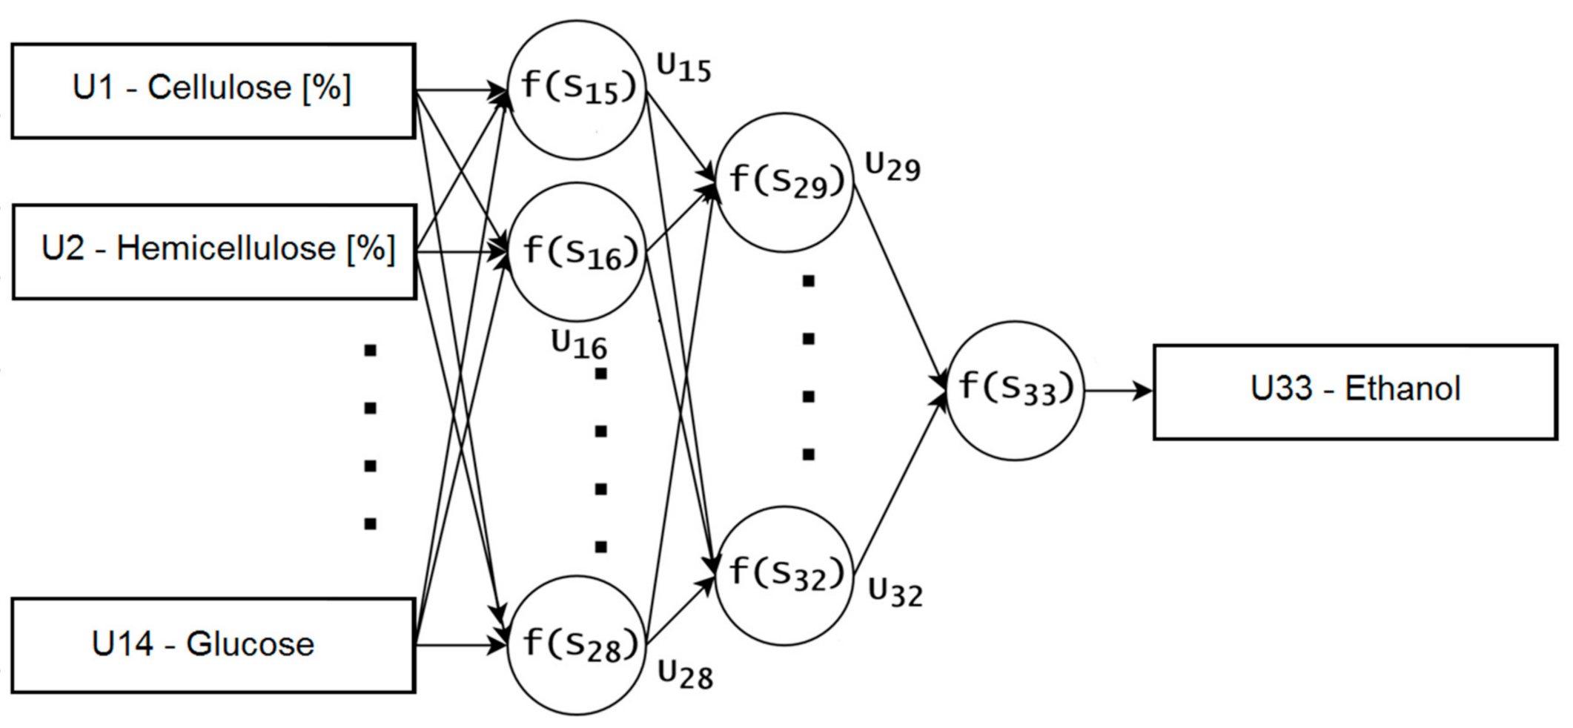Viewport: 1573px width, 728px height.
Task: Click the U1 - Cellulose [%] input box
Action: [x=213, y=90]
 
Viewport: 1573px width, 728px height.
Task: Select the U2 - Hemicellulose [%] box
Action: [x=214, y=251]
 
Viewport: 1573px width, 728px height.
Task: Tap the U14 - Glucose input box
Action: [x=213, y=645]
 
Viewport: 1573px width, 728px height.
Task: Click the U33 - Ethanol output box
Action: [x=1355, y=391]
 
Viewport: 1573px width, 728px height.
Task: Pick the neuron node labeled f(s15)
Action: [x=577, y=90]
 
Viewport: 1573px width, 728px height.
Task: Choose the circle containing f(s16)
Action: [x=577, y=252]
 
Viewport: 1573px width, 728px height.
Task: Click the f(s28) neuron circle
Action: [x=577, y=645]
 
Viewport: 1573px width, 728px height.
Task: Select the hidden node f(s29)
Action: [x=785, y=182]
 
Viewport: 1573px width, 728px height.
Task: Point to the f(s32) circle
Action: [x=785, y=575]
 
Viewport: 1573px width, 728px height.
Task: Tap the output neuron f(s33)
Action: [x=1015, y=390]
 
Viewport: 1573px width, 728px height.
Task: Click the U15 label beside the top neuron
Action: [x=683, y=68]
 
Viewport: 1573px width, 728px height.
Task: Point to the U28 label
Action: [x=686, y=675]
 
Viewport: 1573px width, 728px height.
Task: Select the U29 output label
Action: [x=893, y=168]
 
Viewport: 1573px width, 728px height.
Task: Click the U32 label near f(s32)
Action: [x=895, y=593]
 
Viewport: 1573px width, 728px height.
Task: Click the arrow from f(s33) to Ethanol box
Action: [x=1118, y=391]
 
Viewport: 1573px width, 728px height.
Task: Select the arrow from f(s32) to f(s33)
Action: [x=900, y=486]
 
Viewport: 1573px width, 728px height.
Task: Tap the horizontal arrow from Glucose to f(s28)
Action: [x=460, y=645]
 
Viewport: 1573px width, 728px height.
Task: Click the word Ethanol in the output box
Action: [x=1403, y=388]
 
